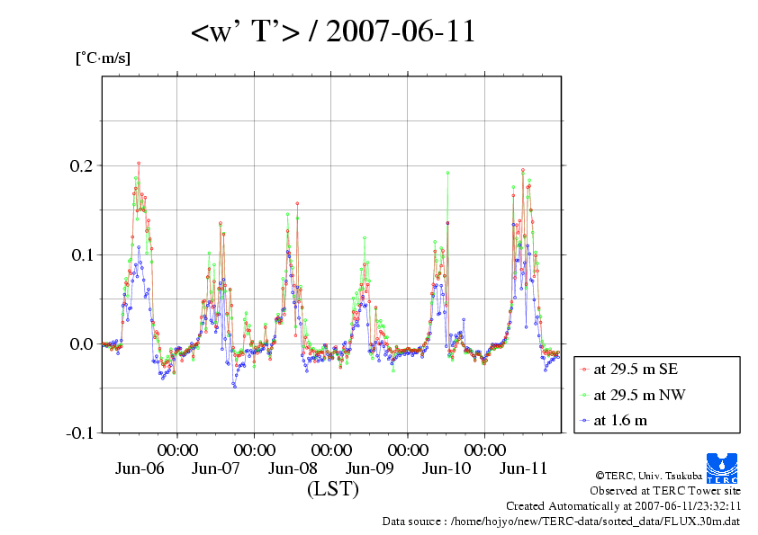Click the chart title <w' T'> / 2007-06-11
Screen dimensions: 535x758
[332, 32]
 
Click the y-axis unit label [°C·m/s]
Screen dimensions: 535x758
[102, 58]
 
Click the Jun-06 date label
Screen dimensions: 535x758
[140, 468]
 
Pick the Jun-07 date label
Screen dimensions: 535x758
[216, 468]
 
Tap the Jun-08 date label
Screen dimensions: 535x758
[293, 468]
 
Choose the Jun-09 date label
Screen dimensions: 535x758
[370, 468]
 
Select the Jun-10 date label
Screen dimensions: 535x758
[447, 468]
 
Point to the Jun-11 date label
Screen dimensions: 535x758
[524, 468]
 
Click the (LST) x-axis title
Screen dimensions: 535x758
[332, 490]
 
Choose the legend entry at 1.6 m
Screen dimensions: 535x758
[620, 420]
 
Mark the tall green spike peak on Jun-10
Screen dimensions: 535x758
[447, 173]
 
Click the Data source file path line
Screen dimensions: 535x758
[561, 521]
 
